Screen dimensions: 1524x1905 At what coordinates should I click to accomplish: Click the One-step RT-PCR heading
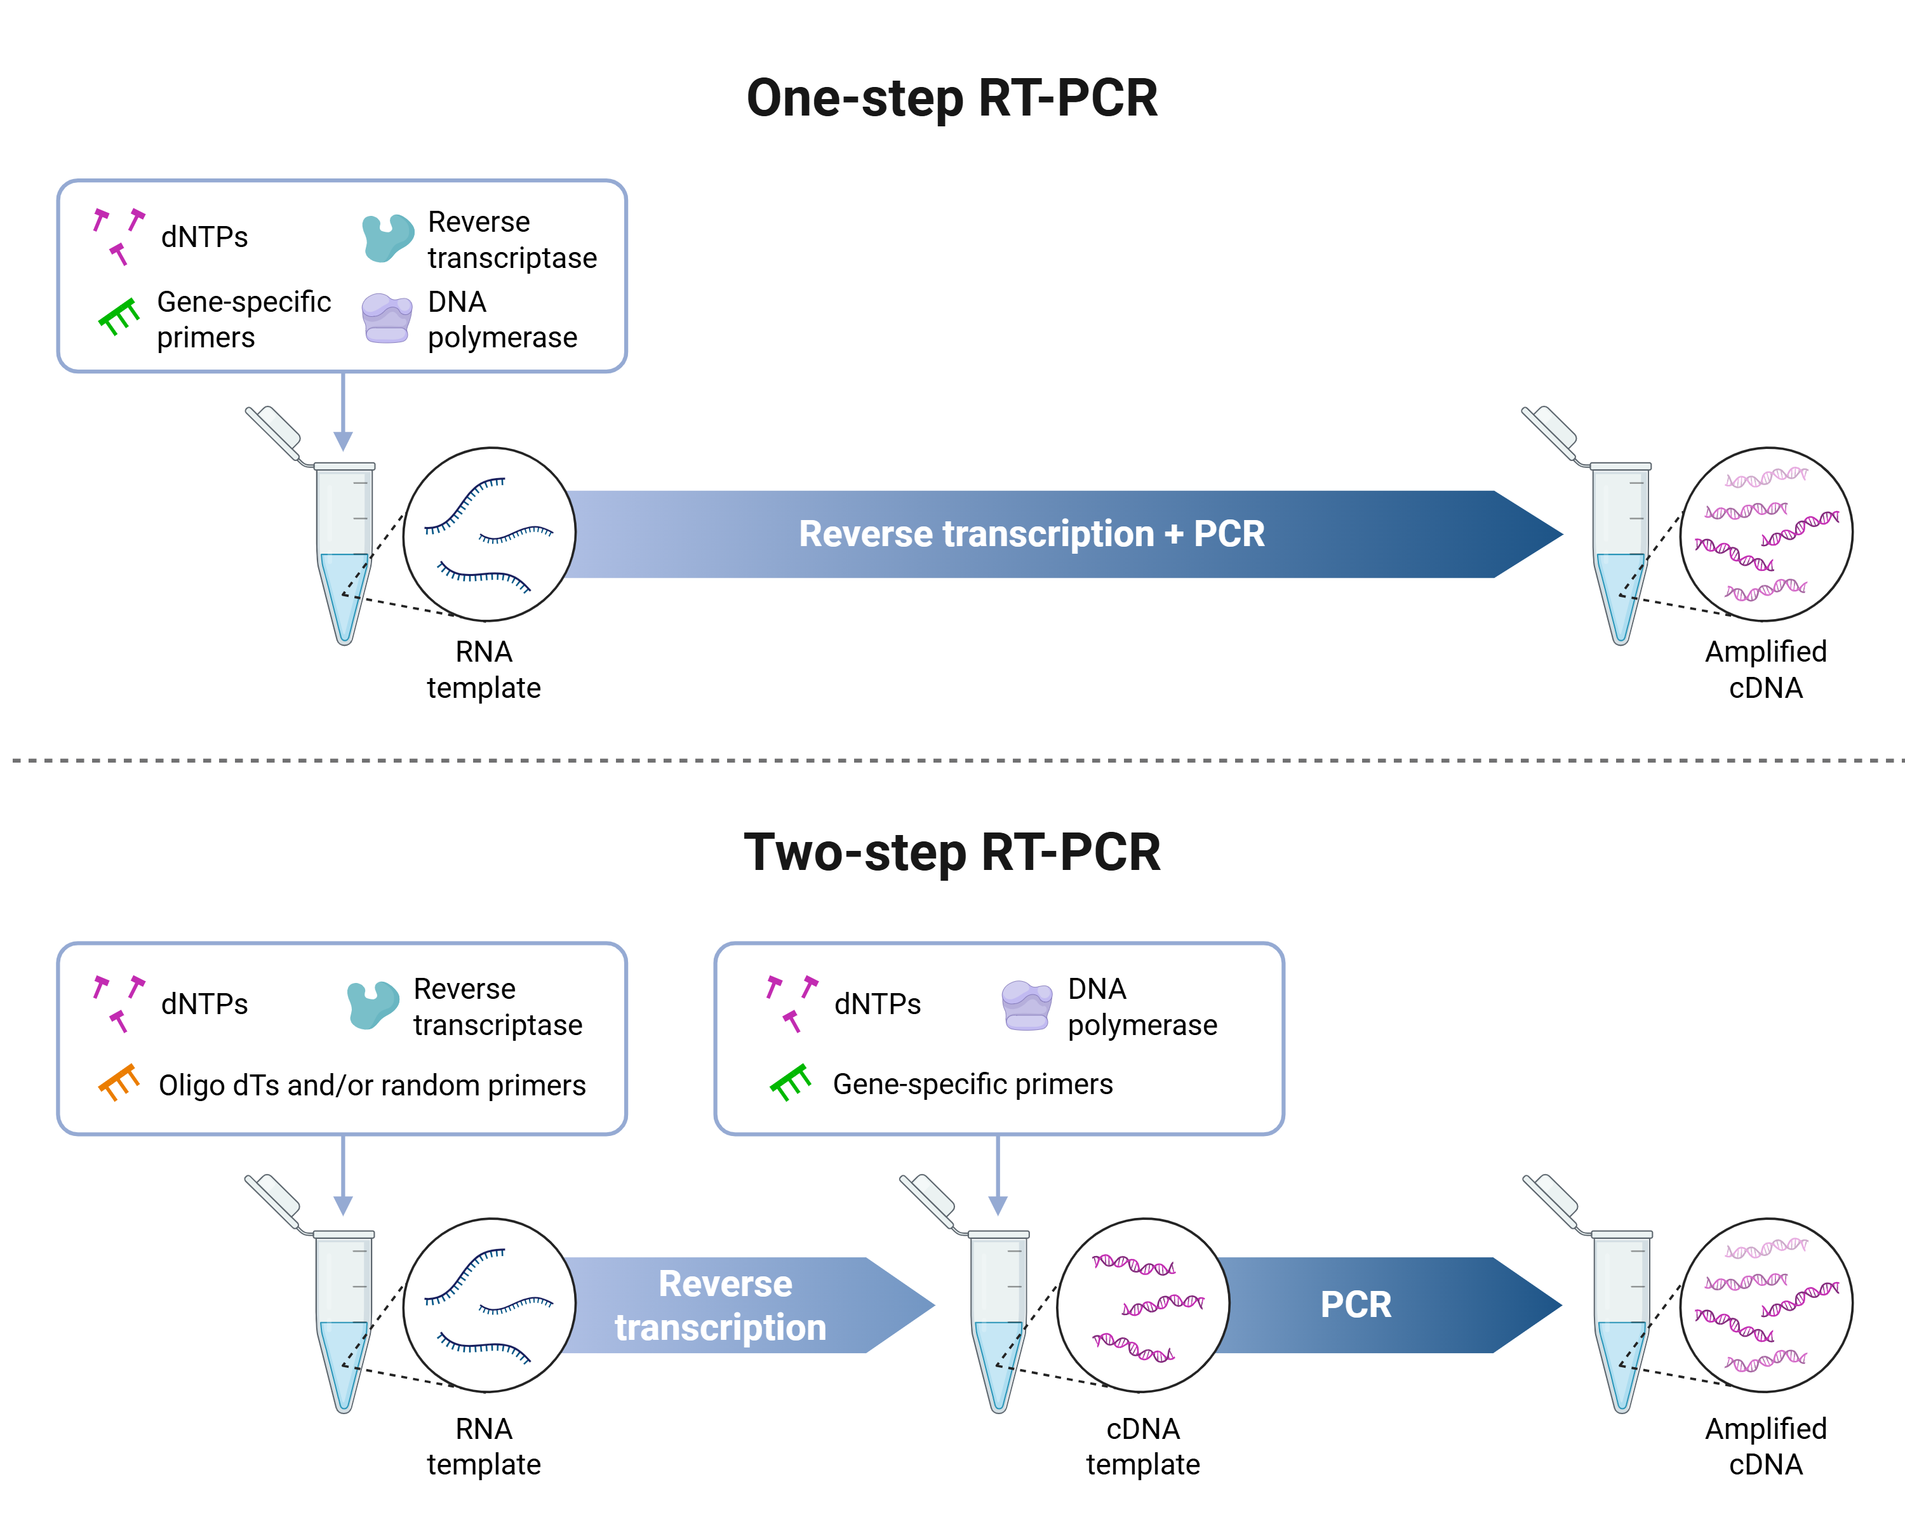[952, 98]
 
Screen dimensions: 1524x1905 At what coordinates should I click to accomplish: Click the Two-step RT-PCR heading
[952, 853]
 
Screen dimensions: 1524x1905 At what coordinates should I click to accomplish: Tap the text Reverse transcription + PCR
[1031, 533]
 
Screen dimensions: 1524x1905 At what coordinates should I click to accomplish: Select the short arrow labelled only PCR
[1379, 1305]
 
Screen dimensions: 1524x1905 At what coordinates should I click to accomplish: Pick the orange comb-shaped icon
[118, 1081]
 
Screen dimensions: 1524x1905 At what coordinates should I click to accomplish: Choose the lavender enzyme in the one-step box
[387, 318]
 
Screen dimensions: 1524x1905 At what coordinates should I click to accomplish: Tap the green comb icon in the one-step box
[118, 316]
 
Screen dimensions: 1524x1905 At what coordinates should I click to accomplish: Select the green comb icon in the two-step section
[790, 1081]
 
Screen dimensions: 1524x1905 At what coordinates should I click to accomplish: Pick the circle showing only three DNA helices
[1144, 1305]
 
